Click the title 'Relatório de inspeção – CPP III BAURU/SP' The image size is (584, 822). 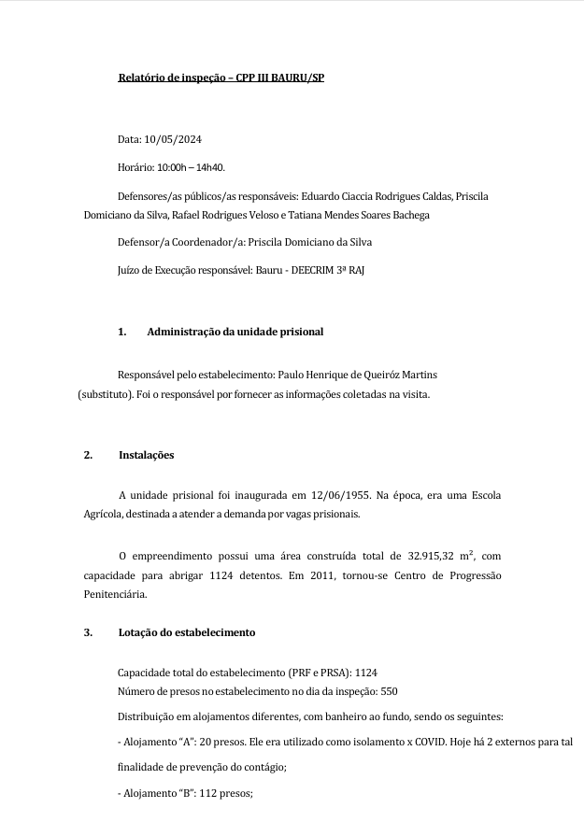(221, 78)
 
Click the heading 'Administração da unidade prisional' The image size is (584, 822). (235, 332)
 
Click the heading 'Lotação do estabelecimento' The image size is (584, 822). (187, 632)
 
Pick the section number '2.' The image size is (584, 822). (88, 455)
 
